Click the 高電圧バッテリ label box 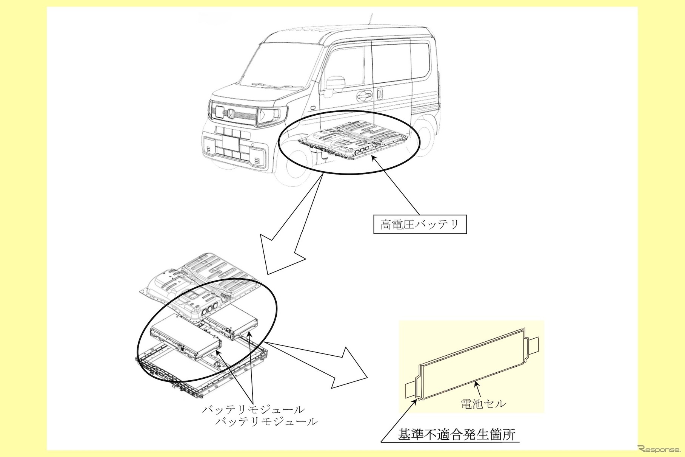[420, 225]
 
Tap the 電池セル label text [483, 404]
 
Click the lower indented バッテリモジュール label [266, 421]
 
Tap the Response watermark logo [659, 449]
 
